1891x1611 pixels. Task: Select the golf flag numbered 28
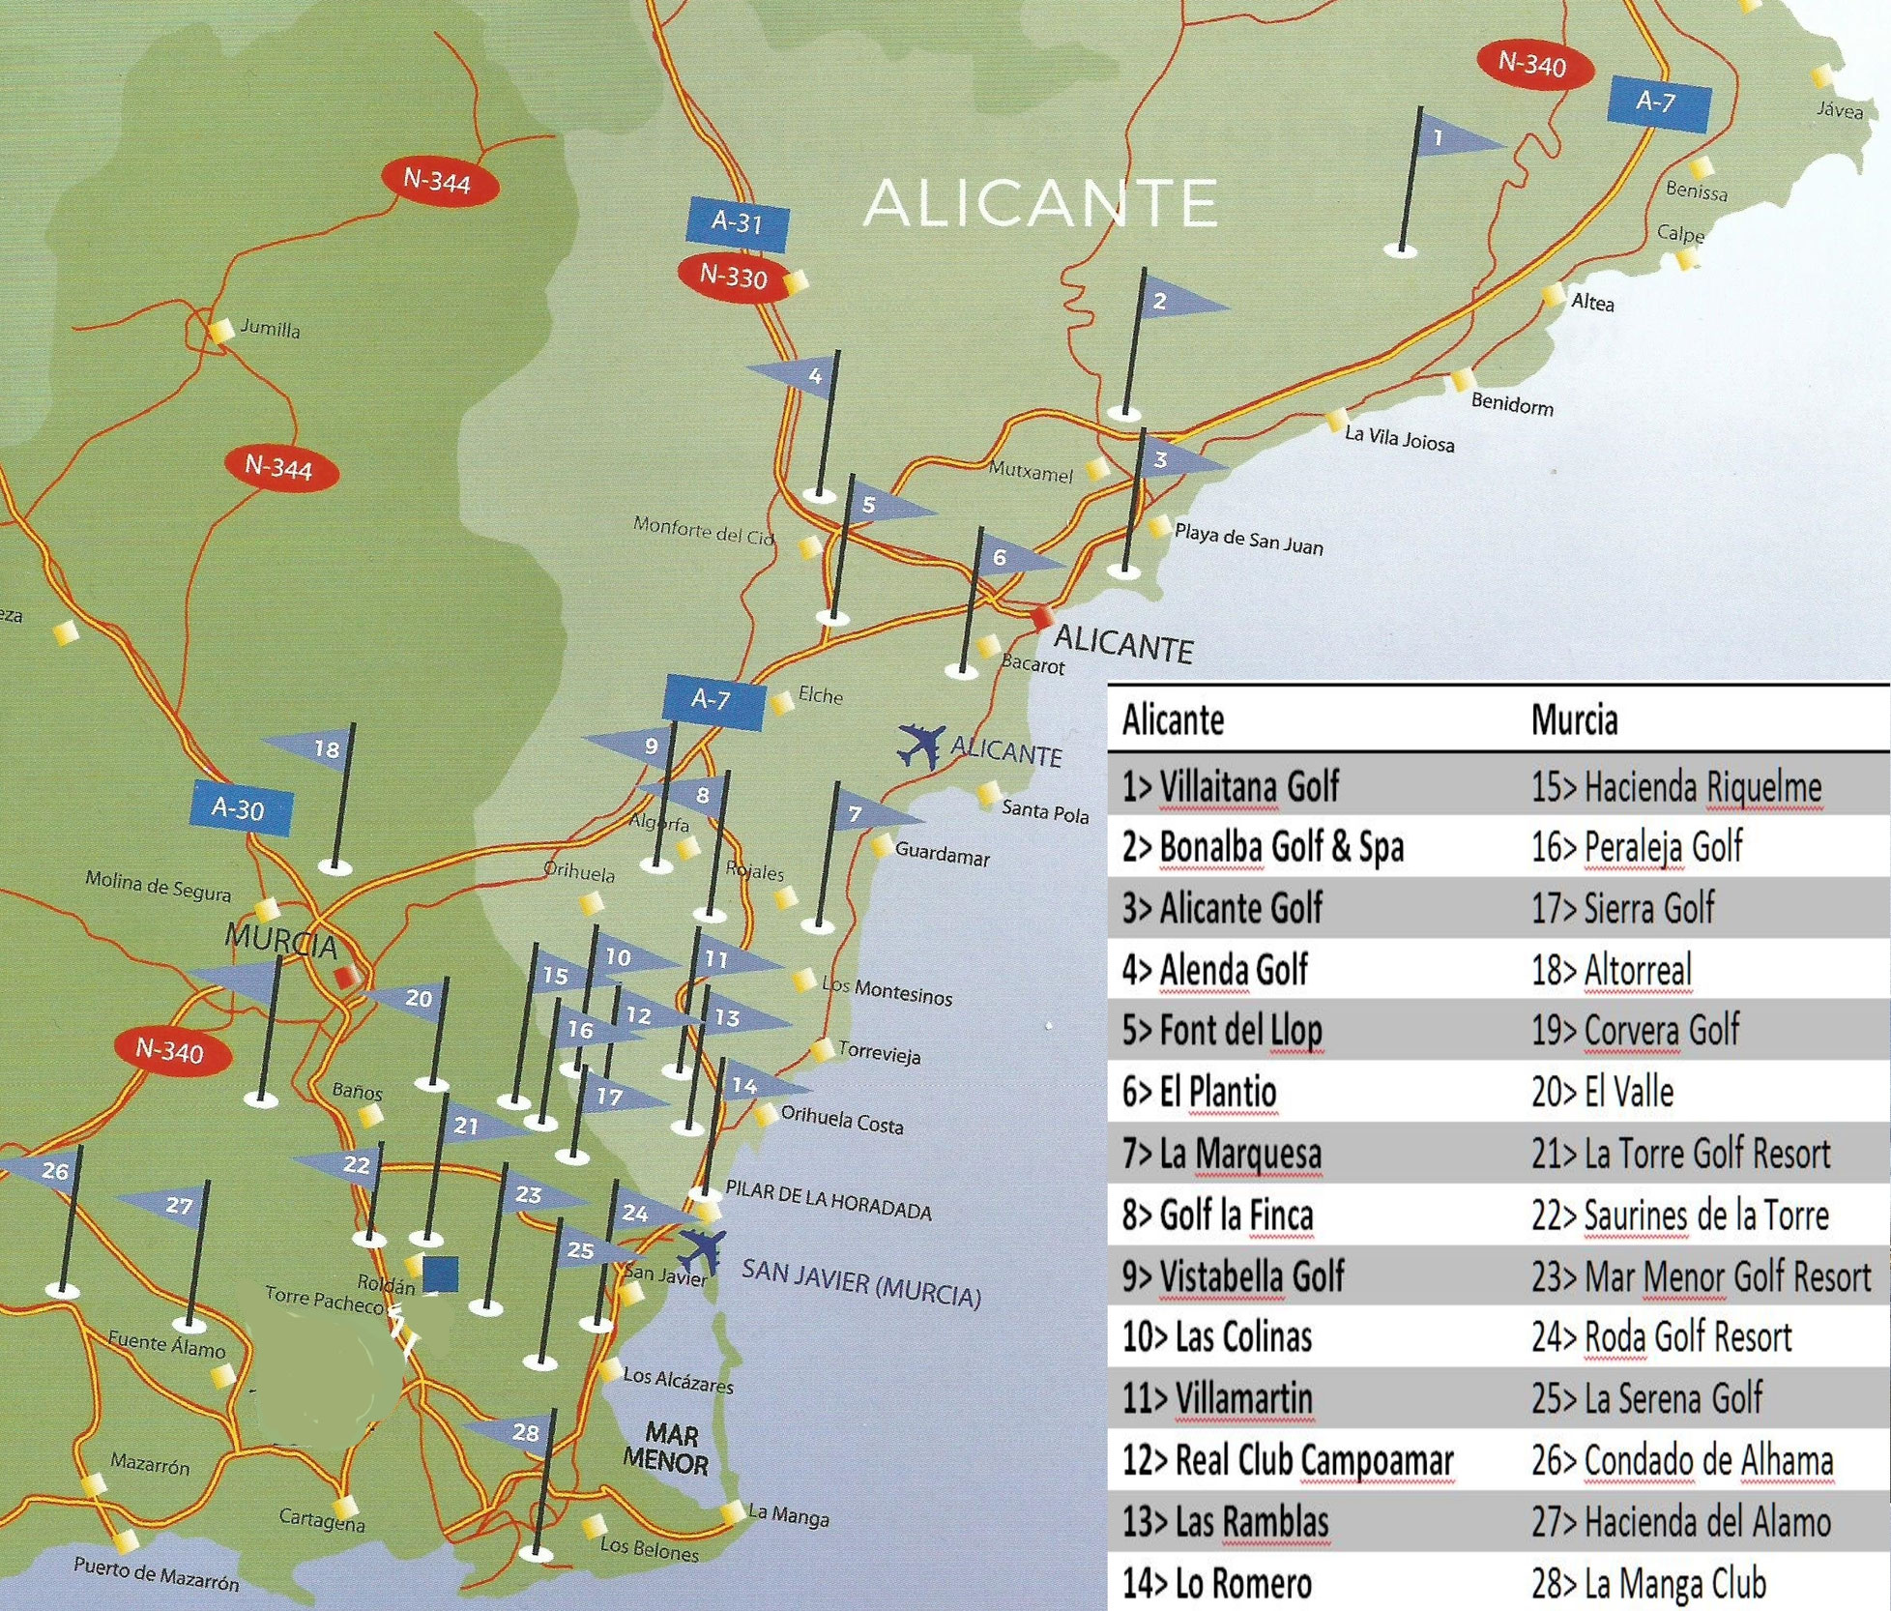(x=518, y=1432)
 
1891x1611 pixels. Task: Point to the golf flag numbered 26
(x=48, y=1171)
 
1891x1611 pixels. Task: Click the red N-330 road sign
(x=734, y=278)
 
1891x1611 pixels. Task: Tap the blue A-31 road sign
(x=737, y=222)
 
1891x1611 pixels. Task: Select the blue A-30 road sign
(x=240, y=807)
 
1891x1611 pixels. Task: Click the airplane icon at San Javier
(x=701, y=1250)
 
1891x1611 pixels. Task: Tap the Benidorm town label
(x=1511, y=404)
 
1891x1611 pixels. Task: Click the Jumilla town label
(x=270, y=329)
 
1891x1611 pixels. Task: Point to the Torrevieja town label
(x=878, y=1053)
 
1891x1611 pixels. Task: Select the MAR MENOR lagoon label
(x=665, y=1447)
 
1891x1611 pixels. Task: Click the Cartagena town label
(x=321, y=1520)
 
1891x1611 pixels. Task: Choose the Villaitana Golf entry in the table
(x=1247, y=787)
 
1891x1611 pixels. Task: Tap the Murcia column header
(x=1573, y=720)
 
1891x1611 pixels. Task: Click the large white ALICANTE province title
(x=1039, y=203)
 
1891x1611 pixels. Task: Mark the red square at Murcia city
(x=345, y=977)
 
